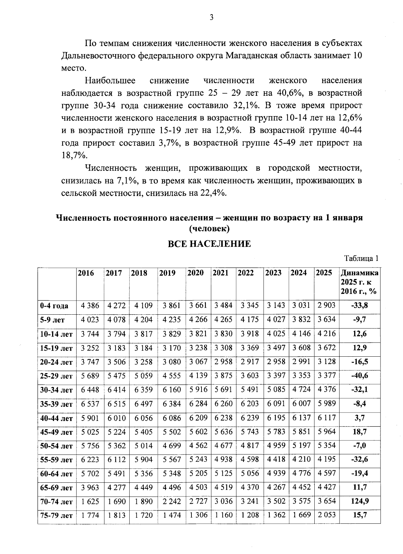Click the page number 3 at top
click(211, 18)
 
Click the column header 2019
click(167, 273)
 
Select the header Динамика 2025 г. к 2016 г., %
click(359, 282)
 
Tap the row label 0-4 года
click(54, 306)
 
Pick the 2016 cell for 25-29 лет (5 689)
click(90, 375)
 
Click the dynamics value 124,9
click(359, 501)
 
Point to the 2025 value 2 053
click(326, 515)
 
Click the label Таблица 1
click(361, 259)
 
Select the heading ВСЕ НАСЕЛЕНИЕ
click(209, 244)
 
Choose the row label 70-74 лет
click(56, 502)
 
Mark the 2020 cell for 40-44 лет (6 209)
click(198, 418)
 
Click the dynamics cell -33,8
click(359, 306)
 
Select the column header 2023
click(273, 273)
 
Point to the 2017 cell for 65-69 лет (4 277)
click(117, 487)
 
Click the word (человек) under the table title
click(209, 229)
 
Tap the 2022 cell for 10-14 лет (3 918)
click(250, 334)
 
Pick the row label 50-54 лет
click(56, 446)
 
